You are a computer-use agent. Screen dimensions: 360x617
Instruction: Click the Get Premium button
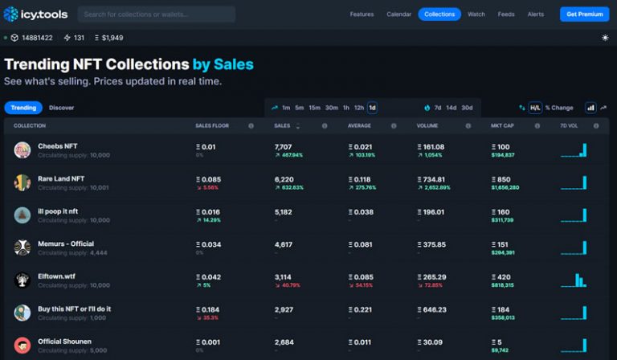coord(584,14)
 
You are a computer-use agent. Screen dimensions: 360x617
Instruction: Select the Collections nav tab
coord(439,14)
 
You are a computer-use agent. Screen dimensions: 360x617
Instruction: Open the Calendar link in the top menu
coord(398,14)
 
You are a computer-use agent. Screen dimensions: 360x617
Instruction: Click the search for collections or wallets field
coord(157,14)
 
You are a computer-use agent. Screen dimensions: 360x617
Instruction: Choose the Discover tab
coord(61,108)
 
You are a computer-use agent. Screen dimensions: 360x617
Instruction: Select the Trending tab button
coord(23,108)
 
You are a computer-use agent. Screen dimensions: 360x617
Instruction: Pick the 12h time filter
coord(358,108)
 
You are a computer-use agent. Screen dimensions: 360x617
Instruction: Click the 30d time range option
coord(467,108)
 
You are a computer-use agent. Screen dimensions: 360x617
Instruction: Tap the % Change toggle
coord(559,108)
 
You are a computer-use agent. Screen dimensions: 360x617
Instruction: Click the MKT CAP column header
coord(507,126)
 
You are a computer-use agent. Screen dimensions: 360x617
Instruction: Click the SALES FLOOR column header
coord(213,126)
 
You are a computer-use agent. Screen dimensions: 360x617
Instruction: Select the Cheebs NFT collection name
coord(58,146)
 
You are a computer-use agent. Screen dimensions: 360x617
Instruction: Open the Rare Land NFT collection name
coord(61,178)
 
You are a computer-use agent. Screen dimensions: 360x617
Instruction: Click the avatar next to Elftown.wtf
coord(22,280)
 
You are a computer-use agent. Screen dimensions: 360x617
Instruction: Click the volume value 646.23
coord(434,309)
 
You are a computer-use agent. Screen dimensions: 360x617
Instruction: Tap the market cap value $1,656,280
coord(506,187)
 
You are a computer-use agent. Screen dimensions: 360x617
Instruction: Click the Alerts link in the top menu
coord(535,14)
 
